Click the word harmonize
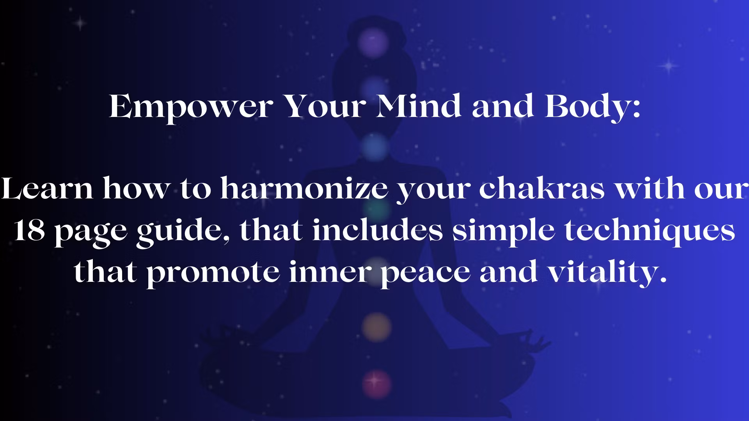click(x=304, y=189)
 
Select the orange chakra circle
click(x=376, y=327)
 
